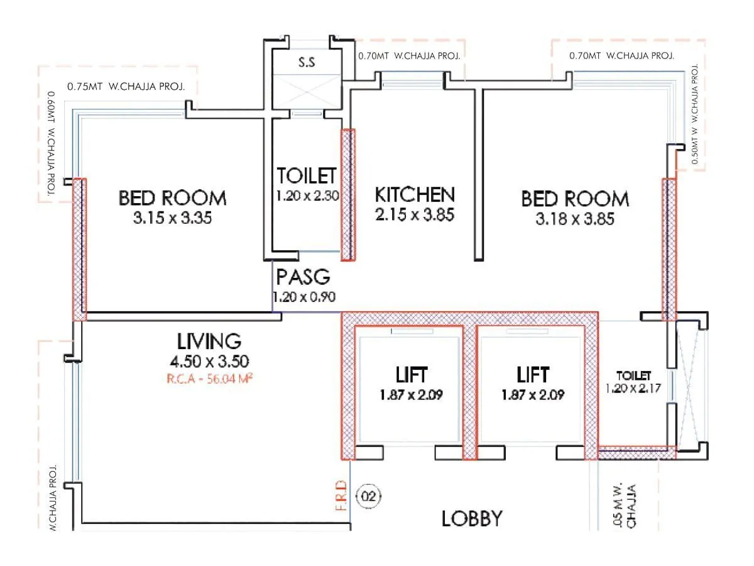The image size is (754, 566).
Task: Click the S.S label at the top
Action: (x=306, y=63)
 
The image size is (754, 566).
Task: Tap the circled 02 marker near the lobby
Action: (x=369, y=497)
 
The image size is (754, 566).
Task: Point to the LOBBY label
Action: (x=472, y=519)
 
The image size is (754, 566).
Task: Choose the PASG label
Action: (x=303, y=277)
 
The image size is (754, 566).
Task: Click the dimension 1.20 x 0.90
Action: (x=303, y=297)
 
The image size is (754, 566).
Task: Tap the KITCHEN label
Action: (x=414, y=194)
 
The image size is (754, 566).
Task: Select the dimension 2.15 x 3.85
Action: (x=414, y=214)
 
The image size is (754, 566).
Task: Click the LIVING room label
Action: (x=209, y=341)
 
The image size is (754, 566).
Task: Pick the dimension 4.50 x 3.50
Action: (x=209, y=362)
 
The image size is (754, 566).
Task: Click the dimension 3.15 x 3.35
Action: (x=172, y=219)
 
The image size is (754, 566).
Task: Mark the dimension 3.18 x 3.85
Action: (x=574, y=219)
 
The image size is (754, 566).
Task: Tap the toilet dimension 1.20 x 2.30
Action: (x=307, y=196)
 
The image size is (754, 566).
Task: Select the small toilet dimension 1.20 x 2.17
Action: (x=633, y=388)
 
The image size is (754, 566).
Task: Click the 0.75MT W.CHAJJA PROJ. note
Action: (x=126, y=87)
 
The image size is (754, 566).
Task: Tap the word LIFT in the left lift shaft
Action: (x=412, y=375)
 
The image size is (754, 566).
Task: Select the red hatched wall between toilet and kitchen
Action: (x=348, y=195)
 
